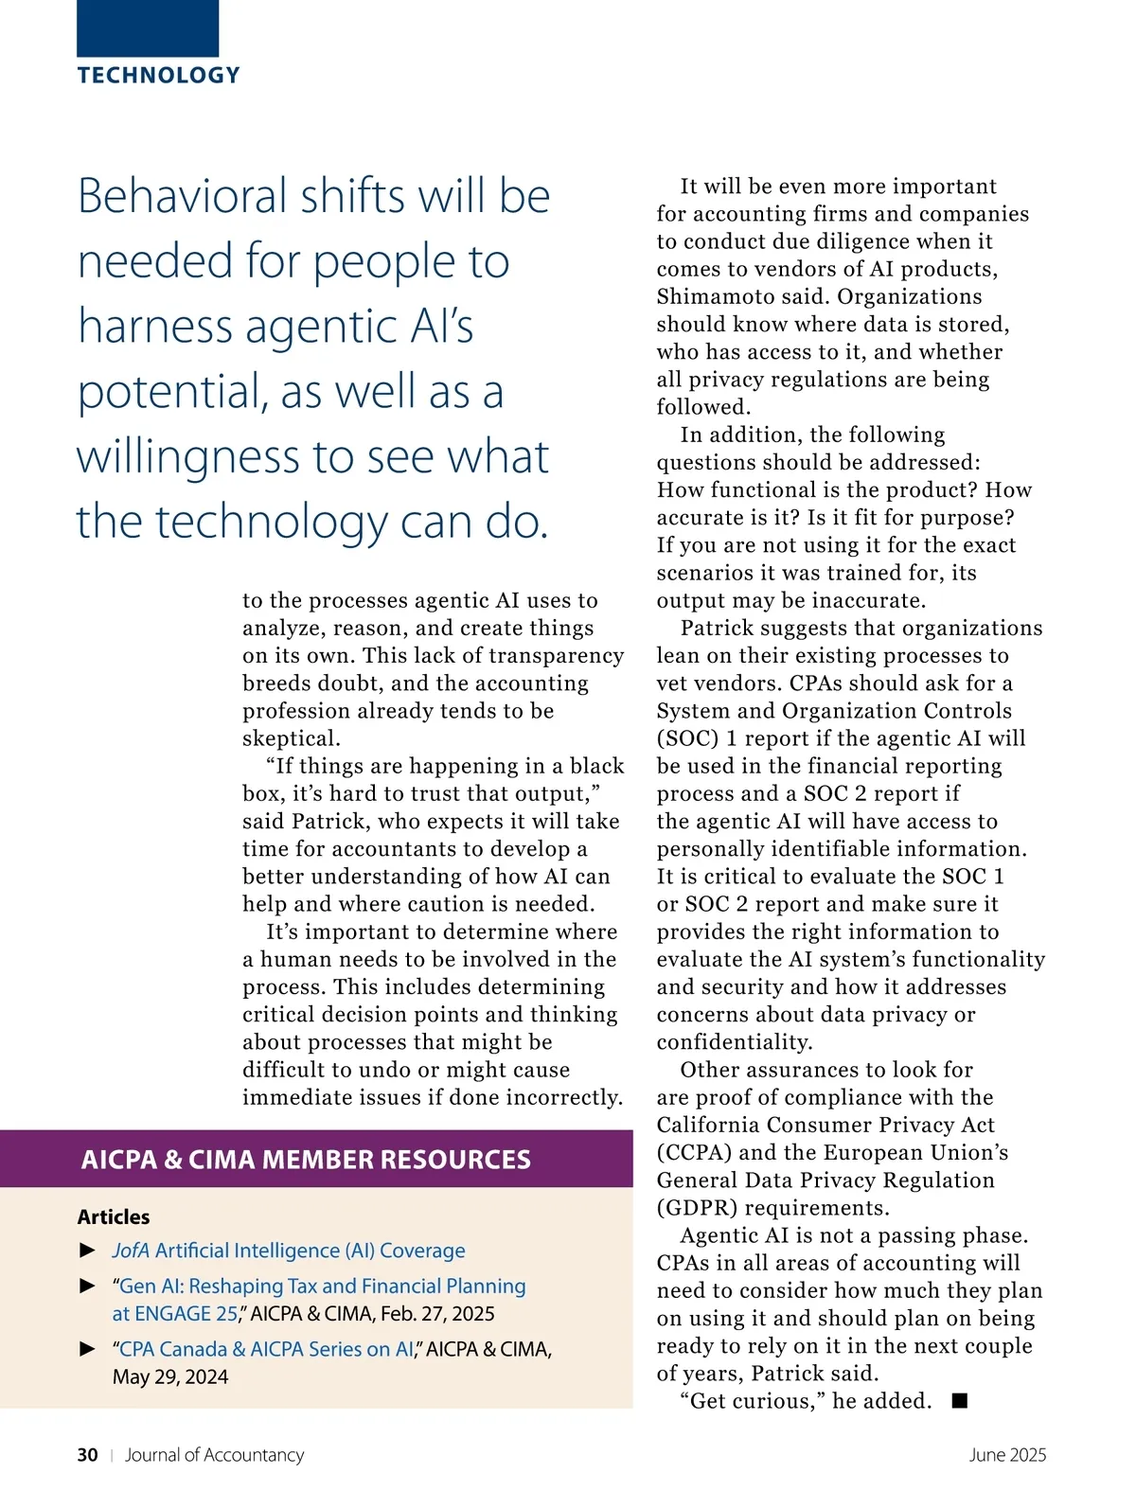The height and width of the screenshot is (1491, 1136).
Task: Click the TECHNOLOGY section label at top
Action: click(x=158, y=76)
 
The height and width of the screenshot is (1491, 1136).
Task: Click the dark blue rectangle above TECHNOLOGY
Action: click(x=148, y=27)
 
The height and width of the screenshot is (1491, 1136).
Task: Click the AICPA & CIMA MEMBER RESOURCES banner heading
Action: click(x=306, y=1160)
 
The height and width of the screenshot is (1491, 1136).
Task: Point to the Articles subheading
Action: click(x=114, y=1217)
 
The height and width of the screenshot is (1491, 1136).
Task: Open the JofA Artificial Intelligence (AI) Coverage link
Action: click(x=289, y=1251)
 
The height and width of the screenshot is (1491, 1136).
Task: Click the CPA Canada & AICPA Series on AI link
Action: click(x=266, y=1349)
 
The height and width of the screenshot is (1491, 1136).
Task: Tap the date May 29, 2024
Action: click(x=170, y=1376)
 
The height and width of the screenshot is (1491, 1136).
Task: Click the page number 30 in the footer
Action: click(x=87, y=1455)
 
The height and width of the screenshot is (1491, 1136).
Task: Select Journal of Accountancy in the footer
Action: click(x=214, y=1455)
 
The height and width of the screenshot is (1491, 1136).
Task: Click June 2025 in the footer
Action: click(x=1007, y=1455)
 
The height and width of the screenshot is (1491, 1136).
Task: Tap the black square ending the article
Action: click(x=960, y=1401)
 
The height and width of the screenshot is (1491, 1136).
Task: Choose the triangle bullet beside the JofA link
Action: click(x=88, y=1251)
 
